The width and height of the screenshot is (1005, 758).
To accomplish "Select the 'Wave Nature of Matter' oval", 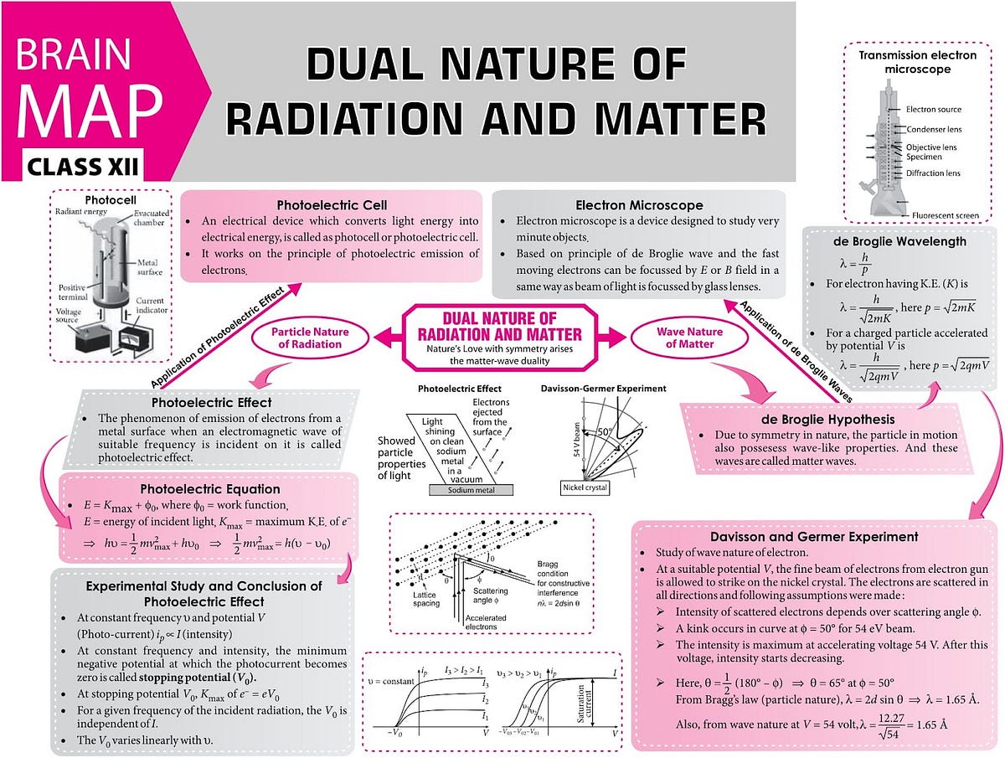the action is (x=677, y=338).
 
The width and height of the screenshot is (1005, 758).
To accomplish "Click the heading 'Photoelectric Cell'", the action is (x=332, y=205).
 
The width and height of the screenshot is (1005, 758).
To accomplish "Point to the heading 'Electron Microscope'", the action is (x=639, y=205).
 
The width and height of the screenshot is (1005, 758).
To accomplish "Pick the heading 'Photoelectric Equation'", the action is (x=210, y=489).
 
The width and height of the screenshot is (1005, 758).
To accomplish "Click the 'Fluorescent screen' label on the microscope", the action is (x=946, y=216).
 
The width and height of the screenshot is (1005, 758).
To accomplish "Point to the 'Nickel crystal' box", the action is (x=585, y=487).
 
